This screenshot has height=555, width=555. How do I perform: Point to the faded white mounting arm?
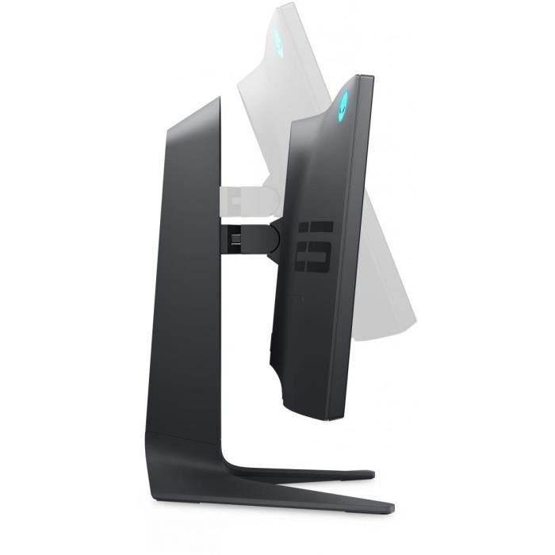point(242,195)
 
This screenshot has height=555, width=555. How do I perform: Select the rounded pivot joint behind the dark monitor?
point(274,235)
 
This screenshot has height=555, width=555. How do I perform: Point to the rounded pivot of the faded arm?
point(274,194)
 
